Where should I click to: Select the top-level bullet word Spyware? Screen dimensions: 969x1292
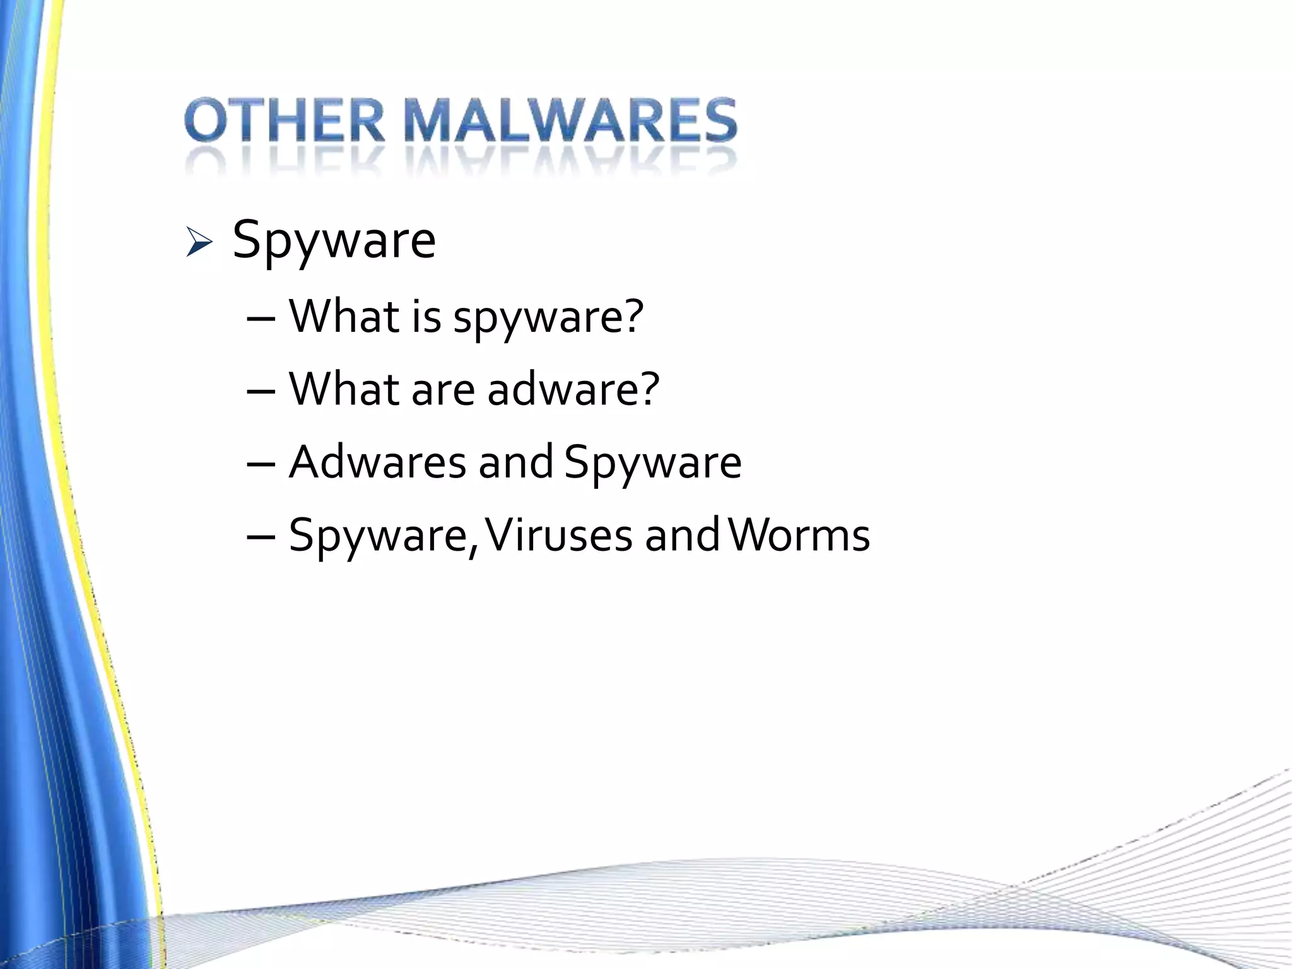334,241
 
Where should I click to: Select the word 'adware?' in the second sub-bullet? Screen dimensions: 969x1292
573,389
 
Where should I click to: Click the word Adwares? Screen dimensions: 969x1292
377,462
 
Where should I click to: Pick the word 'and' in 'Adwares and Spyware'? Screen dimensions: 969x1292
515,462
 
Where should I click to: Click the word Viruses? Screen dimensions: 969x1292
559,535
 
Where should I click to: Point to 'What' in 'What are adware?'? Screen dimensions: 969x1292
344,389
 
